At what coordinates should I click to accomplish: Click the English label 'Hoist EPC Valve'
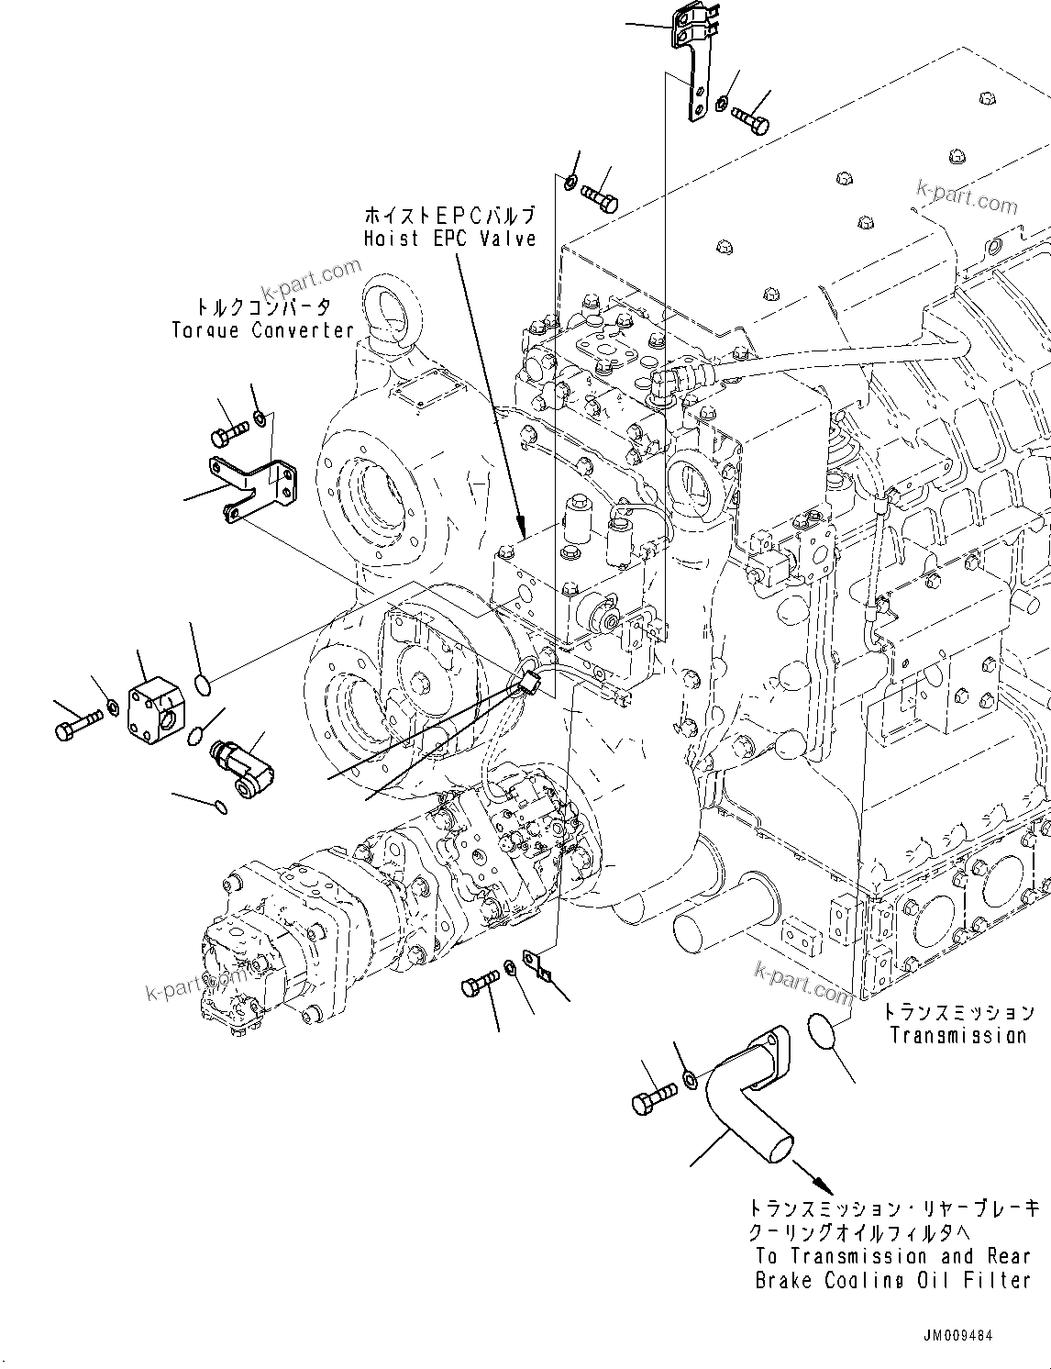[x=448, y=239]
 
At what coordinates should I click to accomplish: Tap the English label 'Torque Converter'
[x=262, y=329]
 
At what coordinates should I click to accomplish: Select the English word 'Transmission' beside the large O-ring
[x=958, y=1035]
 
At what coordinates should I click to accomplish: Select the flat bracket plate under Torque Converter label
[x=254, y=486]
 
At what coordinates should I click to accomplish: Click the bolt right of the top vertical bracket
[x=749, y=119]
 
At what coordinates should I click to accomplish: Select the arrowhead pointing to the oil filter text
[x=808, y=1177]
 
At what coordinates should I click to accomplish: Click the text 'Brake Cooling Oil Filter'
[x=892, y=1280]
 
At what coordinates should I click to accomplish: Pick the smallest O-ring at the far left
[x=217, y=807]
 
